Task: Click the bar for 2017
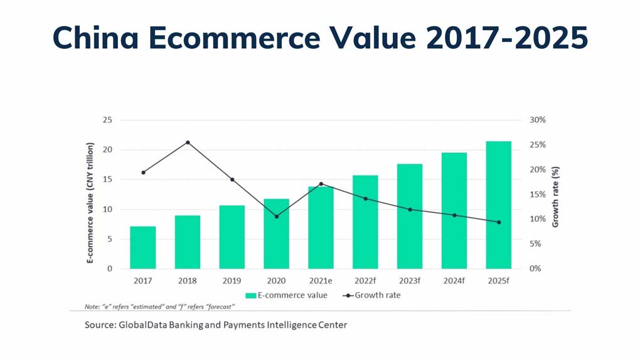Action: [x=143, y=247]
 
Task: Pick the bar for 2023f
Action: [x=410, y=216]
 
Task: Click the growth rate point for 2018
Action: [x=188, y=142]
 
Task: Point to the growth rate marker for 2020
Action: [x=277, y=216]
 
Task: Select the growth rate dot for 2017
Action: [x=143, y=172]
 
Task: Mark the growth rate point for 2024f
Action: [x=454, y=215]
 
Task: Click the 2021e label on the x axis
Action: [x=321, y=280]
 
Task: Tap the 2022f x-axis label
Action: [x=366, y=280]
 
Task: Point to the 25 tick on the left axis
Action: [x=108, y=120]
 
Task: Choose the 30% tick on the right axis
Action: [x=538, y=120]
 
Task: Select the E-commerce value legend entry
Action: [x=287, y=295]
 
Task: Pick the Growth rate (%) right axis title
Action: [x=555, y=196]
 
